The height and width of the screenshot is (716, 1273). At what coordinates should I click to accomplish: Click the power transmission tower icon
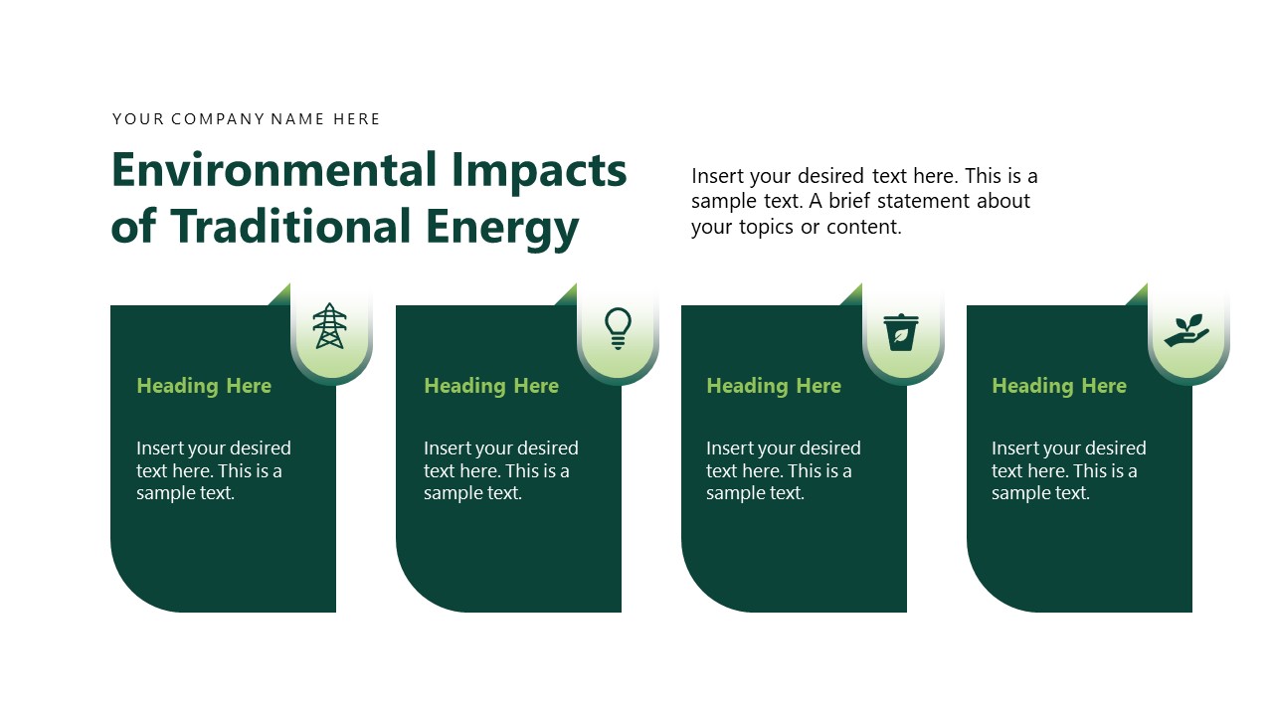click(329, 326)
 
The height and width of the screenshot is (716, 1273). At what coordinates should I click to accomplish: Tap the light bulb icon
click(618, 327)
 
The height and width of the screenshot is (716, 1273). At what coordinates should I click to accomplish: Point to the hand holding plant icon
click(1187, 330)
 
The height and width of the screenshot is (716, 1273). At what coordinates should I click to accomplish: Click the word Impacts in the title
click(539, 170)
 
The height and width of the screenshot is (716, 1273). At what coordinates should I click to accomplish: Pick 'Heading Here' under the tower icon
click(204, 386)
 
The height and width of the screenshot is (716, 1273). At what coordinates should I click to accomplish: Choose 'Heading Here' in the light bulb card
click(491, 386)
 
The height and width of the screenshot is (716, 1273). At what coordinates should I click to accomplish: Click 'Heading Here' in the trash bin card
click(774, 386)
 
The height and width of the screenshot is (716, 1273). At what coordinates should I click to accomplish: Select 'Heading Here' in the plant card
click(1059, 386)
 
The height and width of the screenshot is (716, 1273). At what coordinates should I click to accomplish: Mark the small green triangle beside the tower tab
click(281, 295)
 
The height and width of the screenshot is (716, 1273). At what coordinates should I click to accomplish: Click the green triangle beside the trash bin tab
click(852, 295)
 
